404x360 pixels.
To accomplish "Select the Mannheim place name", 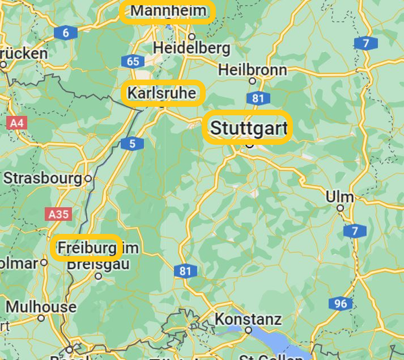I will (168, 11).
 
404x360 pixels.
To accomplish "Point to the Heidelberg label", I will (191, 49).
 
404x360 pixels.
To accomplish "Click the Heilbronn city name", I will (252, 69).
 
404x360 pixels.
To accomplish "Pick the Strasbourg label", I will (43, 179).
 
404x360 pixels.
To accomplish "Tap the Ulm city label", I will (339, 196).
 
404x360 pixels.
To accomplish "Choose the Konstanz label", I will (248, 319).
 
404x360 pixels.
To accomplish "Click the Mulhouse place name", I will (40, 307).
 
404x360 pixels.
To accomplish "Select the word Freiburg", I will (87, 248).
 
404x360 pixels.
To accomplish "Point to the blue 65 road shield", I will (133, 62).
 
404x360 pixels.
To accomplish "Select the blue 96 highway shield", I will (341, 303).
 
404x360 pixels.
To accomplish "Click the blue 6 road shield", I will (65, 32).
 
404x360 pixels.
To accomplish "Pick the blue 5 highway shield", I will (132, 143).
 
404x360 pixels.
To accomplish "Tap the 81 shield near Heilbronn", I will (257, 98).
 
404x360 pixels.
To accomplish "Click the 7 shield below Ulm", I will (354, 231).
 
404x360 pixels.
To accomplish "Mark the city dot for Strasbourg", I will (88, 179).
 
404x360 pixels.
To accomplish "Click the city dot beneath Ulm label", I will (341, 208).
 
